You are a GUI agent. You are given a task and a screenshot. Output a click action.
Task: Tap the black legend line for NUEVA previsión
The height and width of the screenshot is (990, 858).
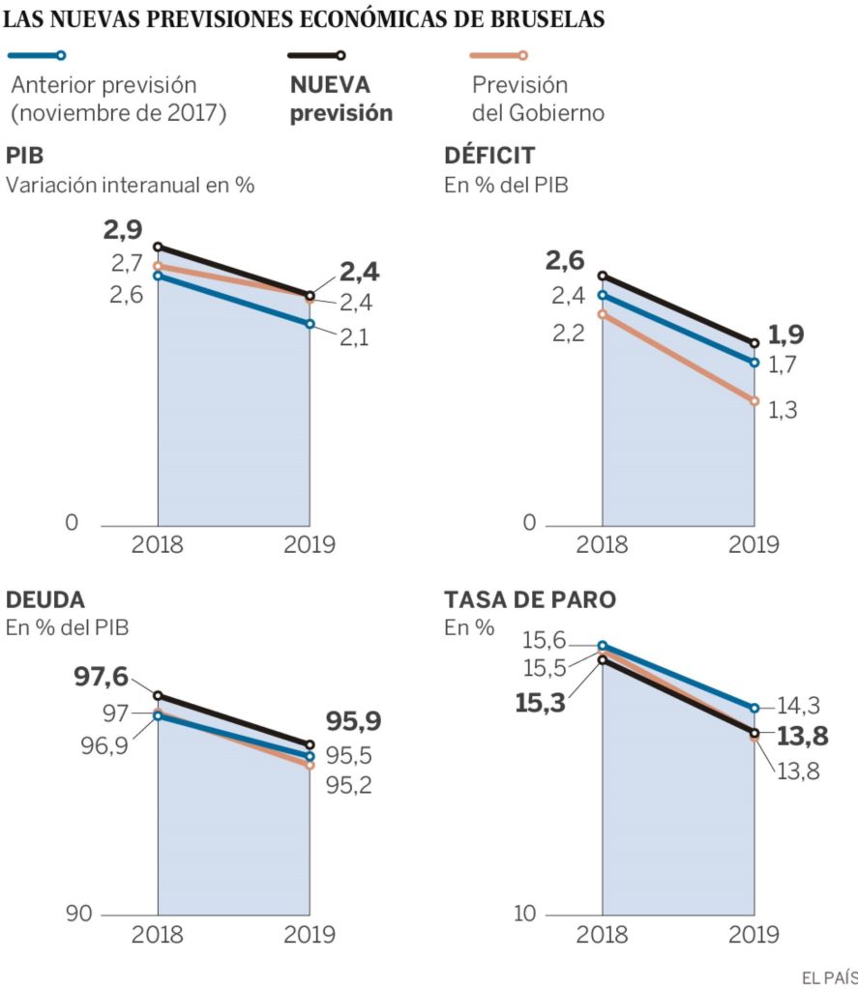317,57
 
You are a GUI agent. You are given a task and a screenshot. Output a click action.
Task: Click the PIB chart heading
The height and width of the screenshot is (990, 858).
25,157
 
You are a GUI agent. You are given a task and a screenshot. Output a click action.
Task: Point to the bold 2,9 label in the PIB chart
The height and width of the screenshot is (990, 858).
123,230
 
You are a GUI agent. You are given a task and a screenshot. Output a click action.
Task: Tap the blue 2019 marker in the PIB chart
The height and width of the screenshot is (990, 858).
310,324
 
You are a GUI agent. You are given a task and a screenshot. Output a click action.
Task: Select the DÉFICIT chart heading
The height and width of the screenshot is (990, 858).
489,157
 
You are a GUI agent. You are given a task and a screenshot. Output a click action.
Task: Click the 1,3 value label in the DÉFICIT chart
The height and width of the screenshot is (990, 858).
784,410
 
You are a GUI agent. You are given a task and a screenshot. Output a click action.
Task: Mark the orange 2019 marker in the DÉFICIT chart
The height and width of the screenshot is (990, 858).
754,400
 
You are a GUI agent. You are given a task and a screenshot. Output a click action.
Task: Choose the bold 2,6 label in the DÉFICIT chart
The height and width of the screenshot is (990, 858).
565,259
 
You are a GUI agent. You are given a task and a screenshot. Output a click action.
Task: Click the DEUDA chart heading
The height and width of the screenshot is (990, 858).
44,599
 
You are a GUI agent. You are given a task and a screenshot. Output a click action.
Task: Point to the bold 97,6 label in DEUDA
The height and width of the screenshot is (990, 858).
104,677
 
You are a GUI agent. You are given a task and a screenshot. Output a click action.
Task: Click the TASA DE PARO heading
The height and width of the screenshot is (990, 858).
530,599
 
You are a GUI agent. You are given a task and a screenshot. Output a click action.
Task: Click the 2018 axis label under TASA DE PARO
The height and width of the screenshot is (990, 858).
602,935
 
